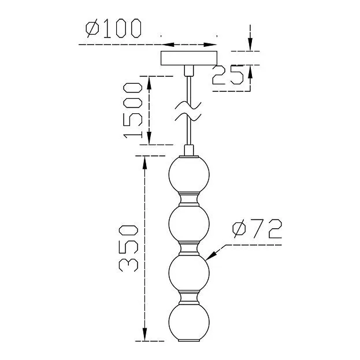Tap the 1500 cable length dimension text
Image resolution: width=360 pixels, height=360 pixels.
click(133, 110)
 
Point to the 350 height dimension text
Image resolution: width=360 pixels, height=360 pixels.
click(128, 246)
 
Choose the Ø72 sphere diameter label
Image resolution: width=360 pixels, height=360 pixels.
click(257, 229)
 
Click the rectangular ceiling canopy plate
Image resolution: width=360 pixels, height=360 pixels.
click(188, 58)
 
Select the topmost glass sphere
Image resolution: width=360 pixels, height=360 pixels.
click(188, 174)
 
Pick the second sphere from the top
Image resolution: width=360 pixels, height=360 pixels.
click(188, 224)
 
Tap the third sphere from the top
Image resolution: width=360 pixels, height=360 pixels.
click(188, 274)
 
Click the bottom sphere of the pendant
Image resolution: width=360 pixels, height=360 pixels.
click(188, 324)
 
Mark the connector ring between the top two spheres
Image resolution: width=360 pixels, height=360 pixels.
click(188, 199)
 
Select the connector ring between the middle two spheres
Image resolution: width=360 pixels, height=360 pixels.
click(188, 249)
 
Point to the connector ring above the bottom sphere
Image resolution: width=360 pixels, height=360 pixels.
click(188, 299)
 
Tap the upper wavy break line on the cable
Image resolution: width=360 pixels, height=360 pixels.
click(188, 105)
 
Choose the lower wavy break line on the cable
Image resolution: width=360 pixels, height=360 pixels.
click(188, 117)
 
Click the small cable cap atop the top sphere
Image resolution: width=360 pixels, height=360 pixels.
click(188, 151)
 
